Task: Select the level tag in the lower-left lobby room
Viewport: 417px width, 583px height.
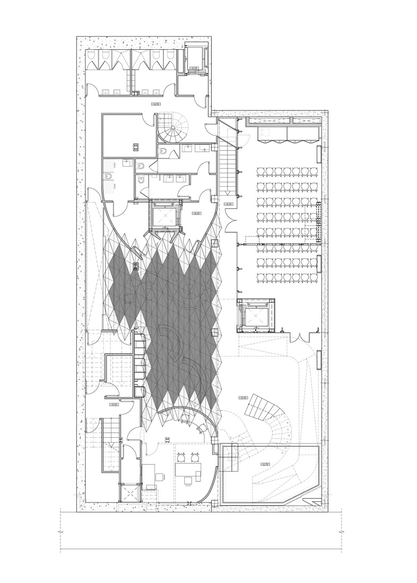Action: tap(113, 405)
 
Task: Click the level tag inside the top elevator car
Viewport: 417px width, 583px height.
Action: tap(195, 68)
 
